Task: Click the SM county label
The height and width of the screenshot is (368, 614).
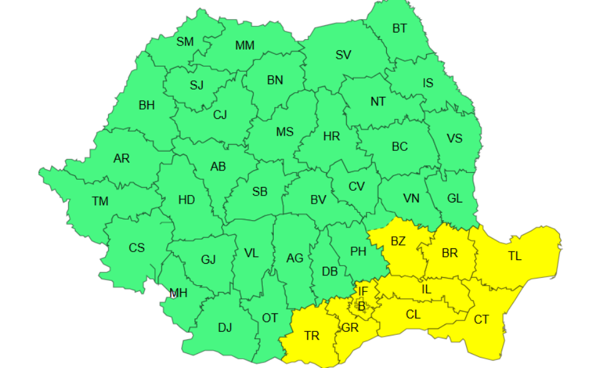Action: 185,42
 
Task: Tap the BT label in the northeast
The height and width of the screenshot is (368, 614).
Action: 399,28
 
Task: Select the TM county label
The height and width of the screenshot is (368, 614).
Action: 100,201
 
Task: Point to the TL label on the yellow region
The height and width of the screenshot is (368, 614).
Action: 515,256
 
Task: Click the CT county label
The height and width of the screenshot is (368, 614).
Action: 481,319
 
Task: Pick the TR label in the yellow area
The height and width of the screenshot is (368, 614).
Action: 311,335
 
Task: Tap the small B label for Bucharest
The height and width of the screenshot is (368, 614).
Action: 362,305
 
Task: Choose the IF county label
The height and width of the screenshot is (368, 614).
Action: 363,291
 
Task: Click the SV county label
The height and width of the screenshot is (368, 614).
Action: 343,55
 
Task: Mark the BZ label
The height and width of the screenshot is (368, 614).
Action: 398,241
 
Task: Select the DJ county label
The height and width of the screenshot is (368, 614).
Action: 225,328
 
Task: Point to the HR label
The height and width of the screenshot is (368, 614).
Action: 332,137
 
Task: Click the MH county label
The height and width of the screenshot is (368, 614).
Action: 178,293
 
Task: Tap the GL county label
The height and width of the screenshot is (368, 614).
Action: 454,198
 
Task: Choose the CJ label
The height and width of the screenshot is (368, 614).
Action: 220,115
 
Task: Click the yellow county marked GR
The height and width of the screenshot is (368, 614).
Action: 350,328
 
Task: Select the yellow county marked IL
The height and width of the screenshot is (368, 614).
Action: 426,289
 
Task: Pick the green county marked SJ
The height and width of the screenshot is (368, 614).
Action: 196,85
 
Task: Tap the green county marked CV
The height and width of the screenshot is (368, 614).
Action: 357,186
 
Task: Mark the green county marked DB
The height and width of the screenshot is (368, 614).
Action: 329,270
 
